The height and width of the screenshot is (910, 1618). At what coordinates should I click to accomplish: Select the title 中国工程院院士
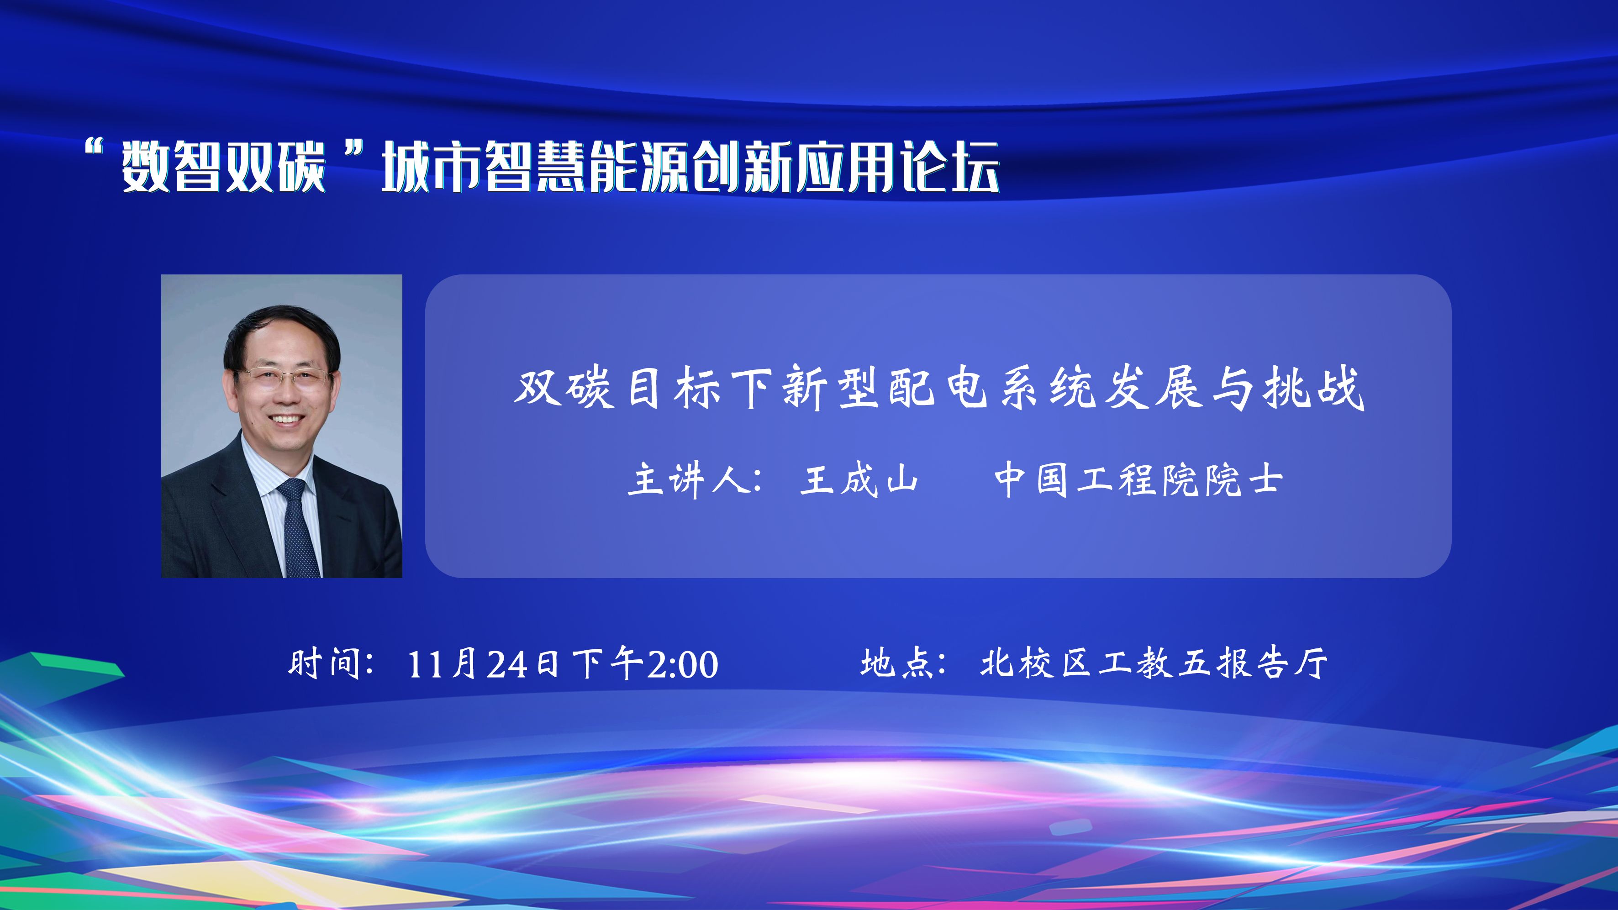point(1138,480)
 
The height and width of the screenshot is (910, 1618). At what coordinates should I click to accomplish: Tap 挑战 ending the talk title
point(1314,388)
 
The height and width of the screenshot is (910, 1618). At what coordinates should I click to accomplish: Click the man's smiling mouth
point(287,419)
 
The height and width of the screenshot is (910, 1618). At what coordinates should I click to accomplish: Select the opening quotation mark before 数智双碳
point(94,149)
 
